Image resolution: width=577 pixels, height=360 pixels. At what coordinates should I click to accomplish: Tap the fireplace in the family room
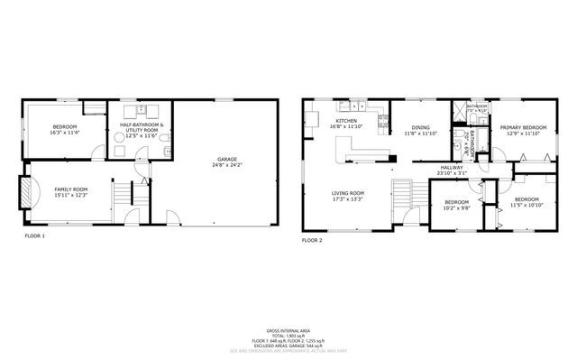27,192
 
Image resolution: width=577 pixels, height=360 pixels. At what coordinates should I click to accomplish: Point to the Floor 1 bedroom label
63,126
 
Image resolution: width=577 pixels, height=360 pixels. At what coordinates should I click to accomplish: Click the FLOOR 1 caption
34,235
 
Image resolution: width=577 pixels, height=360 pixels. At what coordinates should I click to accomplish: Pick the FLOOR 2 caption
312,241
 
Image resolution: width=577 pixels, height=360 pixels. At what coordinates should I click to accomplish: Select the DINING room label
420,128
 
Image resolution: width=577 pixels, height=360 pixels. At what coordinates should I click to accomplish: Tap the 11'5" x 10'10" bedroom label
526,198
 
